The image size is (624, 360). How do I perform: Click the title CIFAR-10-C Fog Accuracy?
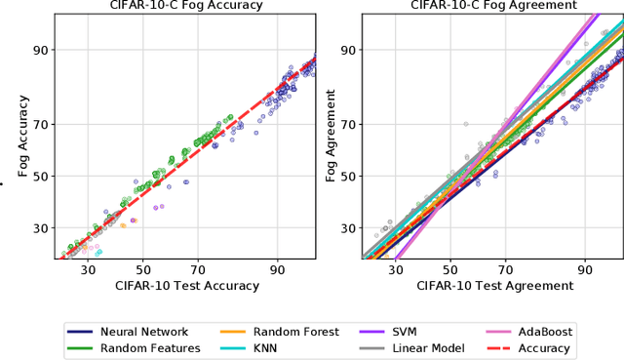click(186, 6)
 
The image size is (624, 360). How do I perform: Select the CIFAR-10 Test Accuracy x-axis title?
click(186, 286)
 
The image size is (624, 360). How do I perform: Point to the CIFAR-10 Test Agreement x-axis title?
click(494, 286)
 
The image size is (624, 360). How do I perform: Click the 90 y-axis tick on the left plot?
click(41, 50)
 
